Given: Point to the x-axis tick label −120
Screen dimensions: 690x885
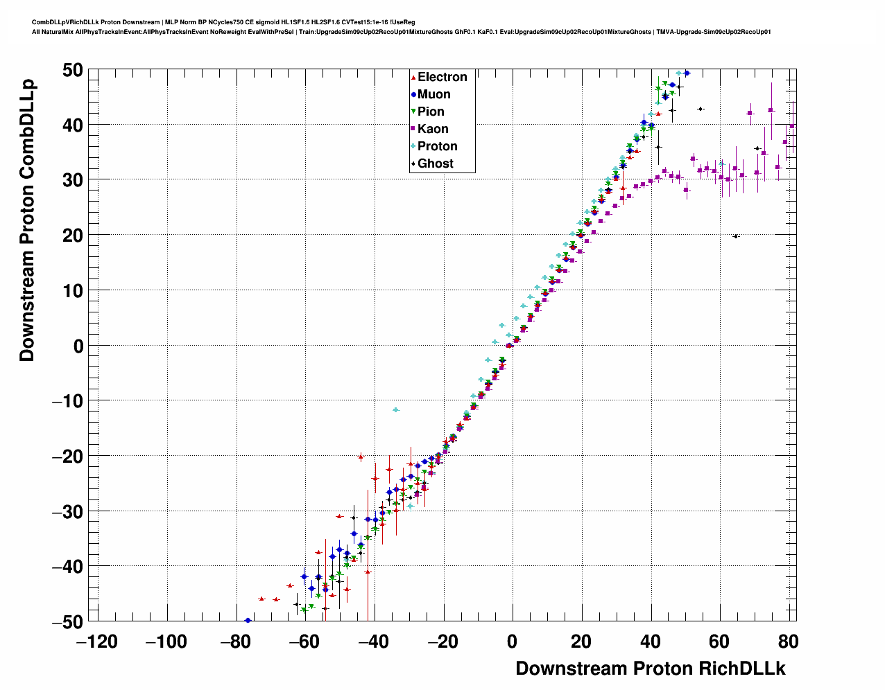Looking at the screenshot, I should [x=97, y=642].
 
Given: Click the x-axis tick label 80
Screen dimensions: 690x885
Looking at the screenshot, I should [x=788, y=642].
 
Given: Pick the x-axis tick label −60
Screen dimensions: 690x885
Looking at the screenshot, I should [x=304, y=642].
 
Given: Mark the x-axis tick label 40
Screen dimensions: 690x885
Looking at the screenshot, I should [x=650, y=642].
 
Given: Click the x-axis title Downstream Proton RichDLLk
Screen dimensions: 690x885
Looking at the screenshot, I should [x=650, y=669].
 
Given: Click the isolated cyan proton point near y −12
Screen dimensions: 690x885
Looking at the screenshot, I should [x=396, y=409].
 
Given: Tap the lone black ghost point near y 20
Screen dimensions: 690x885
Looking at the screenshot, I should [x=736, y=236].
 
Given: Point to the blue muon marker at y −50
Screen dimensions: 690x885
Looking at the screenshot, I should [x=248, y=621].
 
